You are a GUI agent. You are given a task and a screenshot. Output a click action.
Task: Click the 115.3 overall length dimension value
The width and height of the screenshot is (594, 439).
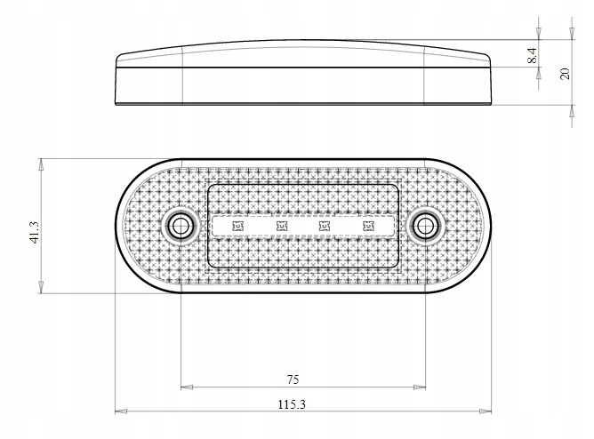[x=293, y=404]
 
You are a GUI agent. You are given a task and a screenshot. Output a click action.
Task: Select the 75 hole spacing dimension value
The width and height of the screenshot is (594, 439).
[x=293, y=379]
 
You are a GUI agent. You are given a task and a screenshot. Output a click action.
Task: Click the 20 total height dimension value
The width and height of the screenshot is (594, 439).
[x=564, y=73]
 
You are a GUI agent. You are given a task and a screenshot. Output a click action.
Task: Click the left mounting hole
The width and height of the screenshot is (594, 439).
[x=181, y=225]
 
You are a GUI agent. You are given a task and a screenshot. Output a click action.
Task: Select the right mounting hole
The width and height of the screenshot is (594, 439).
[x=425, y=225]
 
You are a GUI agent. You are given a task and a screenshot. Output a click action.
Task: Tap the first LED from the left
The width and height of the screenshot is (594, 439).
[x=237, y=227]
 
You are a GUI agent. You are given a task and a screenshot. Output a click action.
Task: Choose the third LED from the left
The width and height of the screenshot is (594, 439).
[x=325, y=227]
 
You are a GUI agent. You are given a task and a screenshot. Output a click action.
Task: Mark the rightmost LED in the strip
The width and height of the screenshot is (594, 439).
[x=368, y=227]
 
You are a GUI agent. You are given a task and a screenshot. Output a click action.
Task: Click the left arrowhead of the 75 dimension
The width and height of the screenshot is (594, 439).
[x=185, y=387]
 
